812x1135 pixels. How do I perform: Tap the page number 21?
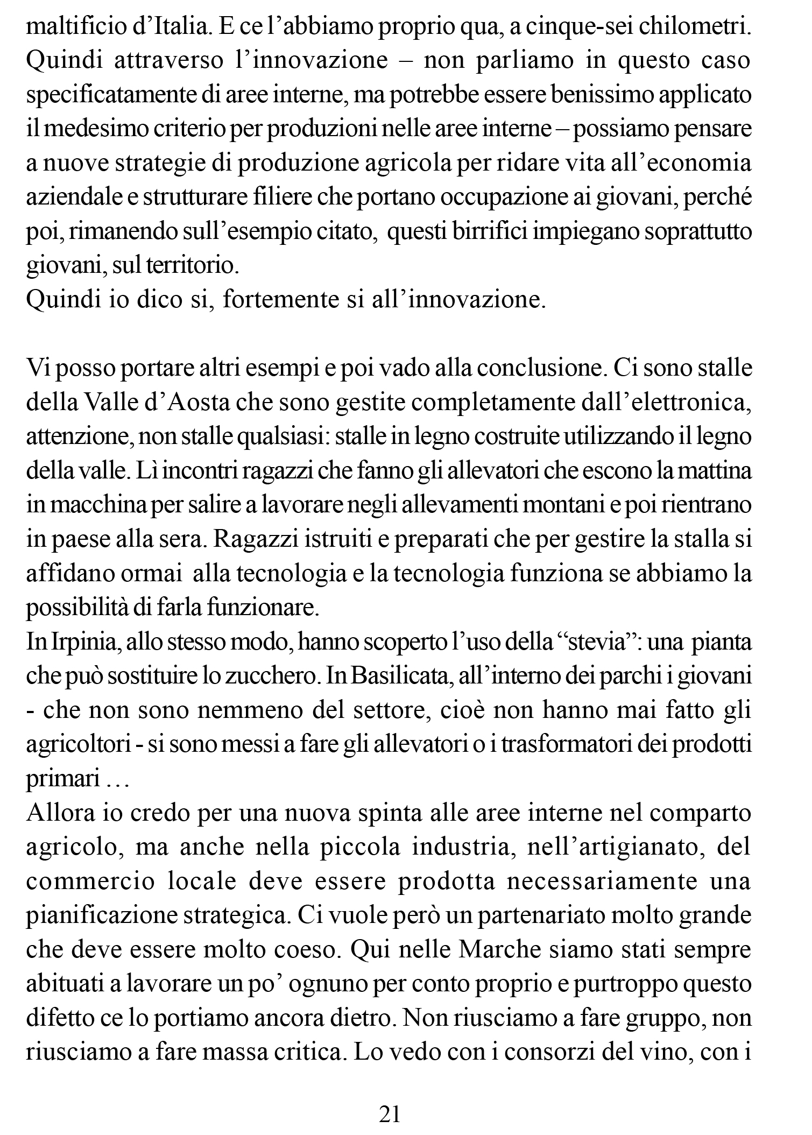click(x=390, y=1114)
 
